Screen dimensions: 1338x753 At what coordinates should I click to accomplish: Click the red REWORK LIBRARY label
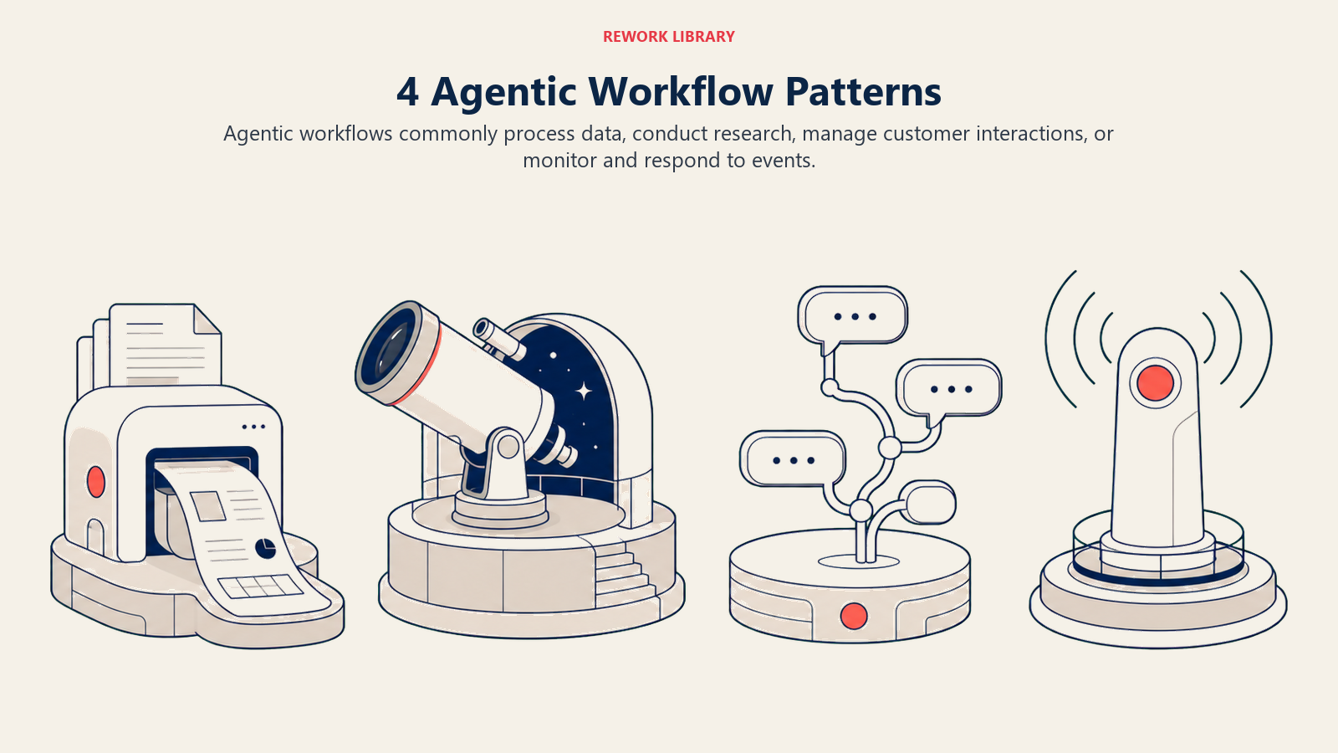(668, 37)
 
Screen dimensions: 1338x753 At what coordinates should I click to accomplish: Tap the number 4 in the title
(407, 92)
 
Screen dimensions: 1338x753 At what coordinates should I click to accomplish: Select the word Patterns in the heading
(863, 91)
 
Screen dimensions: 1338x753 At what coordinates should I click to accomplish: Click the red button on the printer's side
(95, 482)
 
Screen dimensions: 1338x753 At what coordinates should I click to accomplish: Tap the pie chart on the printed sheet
(265, 548)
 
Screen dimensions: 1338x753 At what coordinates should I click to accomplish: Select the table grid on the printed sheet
(260, 587)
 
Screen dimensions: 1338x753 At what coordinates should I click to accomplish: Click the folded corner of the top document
(207, 319)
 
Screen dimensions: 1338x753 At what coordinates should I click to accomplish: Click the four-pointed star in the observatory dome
(584, 392)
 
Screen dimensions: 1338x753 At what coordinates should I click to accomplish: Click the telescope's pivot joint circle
(508, 447)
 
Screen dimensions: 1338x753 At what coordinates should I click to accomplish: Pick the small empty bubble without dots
(927, 503)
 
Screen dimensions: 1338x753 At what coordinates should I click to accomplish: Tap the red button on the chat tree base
(854, 616)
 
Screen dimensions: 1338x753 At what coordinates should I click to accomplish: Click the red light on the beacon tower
(1155, 383)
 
